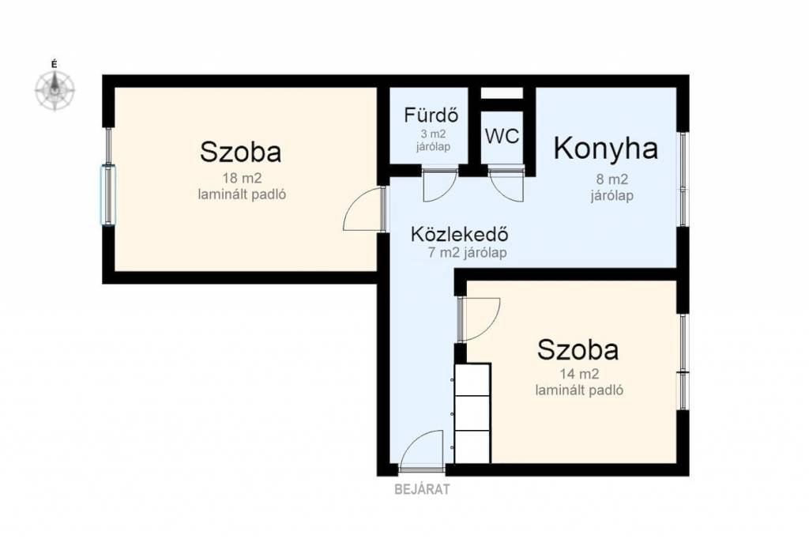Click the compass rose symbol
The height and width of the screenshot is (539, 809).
55,90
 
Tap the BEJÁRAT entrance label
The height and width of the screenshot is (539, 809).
422,489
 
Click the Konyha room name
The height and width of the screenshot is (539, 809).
606,148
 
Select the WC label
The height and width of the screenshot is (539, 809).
502,136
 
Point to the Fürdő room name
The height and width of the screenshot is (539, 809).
431,115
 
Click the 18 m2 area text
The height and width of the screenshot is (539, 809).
242,179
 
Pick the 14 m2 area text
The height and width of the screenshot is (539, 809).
579,374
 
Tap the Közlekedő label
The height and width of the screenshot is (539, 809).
459,234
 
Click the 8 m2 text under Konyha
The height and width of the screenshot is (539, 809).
612,179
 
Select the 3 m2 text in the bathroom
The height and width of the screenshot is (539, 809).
434,134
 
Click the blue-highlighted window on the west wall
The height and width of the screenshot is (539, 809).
108,195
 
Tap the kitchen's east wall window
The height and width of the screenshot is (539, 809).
683,179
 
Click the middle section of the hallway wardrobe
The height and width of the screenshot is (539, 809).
472,413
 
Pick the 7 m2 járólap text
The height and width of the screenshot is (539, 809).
468,253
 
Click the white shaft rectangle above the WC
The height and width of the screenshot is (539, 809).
502,93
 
